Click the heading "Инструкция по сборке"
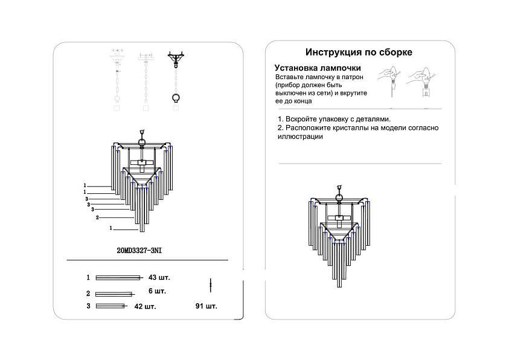359,53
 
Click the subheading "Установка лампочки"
318,68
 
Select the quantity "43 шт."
159,278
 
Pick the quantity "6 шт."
157,291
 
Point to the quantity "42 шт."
145,306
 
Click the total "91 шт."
206,306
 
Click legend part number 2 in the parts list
88,294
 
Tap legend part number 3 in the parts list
88,306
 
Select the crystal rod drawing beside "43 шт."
118,278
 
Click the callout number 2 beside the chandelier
97,217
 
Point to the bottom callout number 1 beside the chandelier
112,229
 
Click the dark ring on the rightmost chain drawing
176,98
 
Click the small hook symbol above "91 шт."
210,283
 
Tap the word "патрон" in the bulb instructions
351,79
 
